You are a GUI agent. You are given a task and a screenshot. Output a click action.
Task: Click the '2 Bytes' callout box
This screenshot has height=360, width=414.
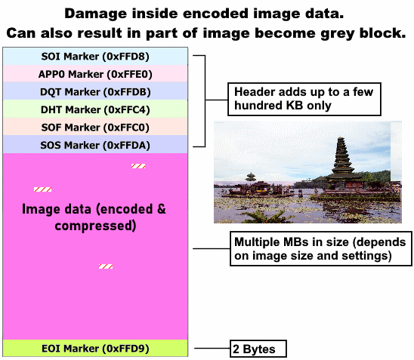click(258, 349)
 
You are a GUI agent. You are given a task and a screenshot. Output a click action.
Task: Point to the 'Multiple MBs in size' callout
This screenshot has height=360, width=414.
click(320, 250)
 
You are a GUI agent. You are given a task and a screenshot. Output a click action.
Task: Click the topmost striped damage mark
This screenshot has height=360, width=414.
click(138, 166)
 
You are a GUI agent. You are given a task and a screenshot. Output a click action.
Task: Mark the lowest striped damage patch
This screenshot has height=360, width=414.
click(107, 266)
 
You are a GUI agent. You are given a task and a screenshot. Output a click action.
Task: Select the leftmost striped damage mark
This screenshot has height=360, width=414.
click(42, 189)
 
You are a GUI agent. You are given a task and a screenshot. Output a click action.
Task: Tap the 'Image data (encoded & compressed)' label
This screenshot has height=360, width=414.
click(94, 217)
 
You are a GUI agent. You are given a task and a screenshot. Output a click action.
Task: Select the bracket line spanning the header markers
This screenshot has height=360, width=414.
click(205, 100)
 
